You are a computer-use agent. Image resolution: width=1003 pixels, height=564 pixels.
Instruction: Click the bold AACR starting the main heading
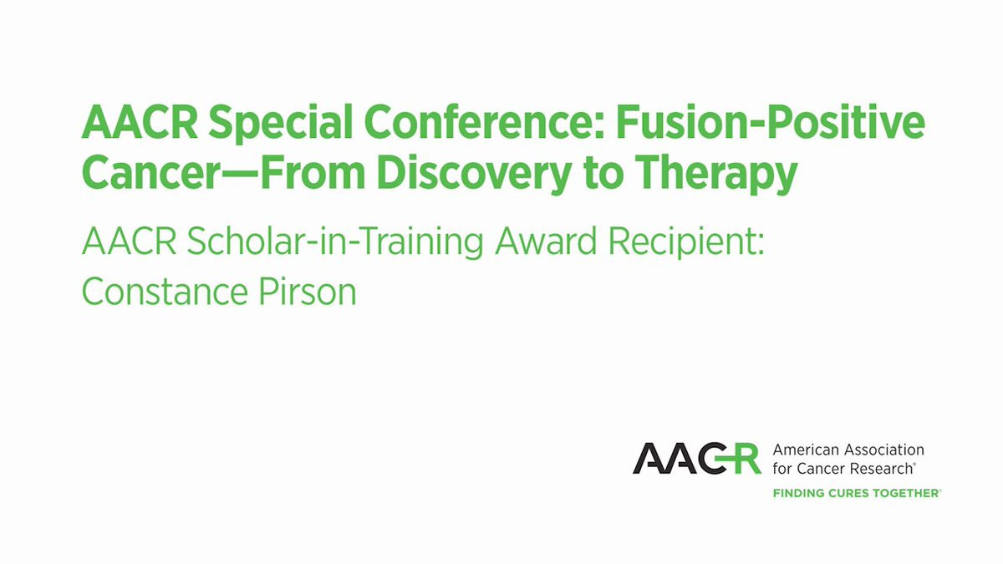click(140, 122)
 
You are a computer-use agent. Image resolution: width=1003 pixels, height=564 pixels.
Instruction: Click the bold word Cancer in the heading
click(150, 173)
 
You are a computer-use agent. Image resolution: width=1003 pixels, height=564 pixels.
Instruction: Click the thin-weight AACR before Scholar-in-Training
click(130, 241)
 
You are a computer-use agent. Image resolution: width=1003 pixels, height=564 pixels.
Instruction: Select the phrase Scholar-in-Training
click(335, 243)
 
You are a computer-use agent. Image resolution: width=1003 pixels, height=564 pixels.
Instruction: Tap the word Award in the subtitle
click(546, 241)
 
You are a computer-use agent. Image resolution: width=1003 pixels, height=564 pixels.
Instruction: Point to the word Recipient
click(686, 243)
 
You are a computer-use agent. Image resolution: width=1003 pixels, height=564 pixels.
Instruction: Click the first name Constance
click(165, 292)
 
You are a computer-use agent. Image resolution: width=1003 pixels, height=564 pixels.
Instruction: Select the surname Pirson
click(308, 292)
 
